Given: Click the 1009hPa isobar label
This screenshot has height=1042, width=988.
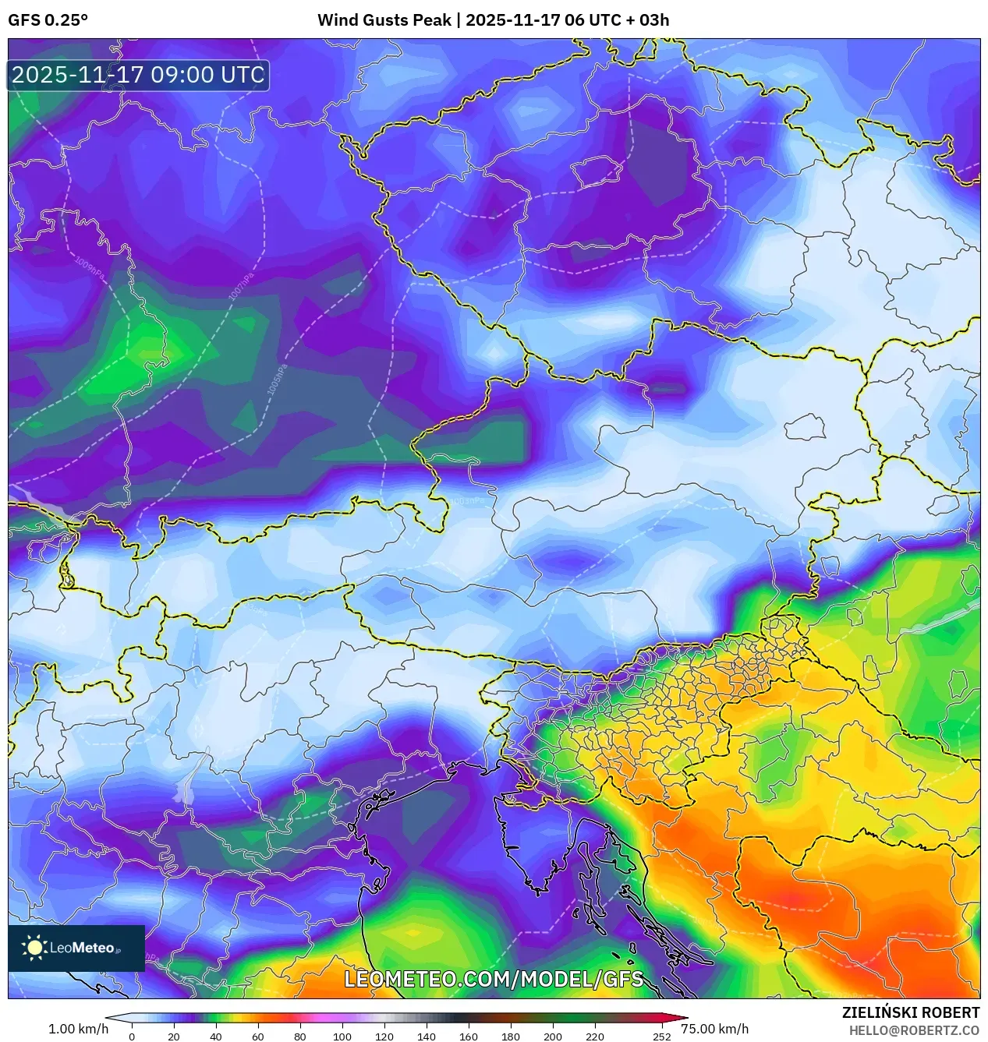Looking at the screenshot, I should (90, 268).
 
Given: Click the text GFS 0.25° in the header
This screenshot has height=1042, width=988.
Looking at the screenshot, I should (48, 20).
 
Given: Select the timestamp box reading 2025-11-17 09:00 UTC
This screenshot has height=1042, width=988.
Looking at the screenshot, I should (138, 76).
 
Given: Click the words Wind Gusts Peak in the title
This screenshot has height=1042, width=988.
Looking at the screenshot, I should (384, 20).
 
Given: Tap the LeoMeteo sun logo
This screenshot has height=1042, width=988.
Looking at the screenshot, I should (35, 948).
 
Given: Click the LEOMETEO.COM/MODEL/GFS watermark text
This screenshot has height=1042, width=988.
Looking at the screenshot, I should (494, 979).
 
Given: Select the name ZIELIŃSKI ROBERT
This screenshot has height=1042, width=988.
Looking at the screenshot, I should (910, 1012).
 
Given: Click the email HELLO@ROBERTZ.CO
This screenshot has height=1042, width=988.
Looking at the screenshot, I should (914, 1030).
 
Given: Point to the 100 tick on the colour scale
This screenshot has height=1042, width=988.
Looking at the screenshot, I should (342, 1037).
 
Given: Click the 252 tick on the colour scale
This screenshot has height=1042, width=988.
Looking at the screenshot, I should (661, 1037).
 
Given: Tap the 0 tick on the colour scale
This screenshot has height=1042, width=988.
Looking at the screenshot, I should (132, 1037).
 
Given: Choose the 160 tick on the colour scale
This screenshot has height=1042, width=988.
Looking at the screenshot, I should (468, 1037).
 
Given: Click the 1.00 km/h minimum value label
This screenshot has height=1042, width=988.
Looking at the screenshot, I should (78, 1029).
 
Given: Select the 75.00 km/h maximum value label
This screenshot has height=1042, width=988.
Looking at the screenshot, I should (714, 1029).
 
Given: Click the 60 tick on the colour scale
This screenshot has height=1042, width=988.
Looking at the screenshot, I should (257, 1037).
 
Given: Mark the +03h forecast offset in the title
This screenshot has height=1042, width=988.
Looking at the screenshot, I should (647, 20).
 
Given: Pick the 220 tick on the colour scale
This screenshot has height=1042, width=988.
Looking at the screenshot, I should (594, 1037).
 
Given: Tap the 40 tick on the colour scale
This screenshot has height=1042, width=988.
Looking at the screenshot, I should (215, 1037).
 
